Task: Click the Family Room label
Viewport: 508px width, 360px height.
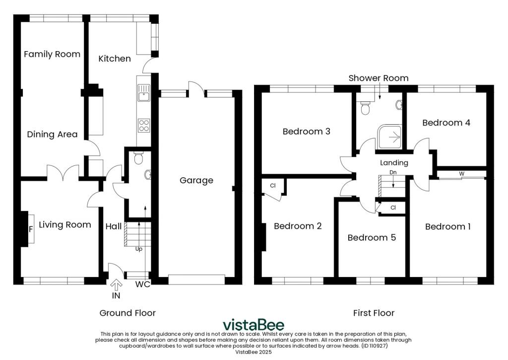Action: pyautogui.click(x=52, y=54)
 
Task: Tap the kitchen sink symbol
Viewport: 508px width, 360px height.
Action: pyautogui.click(x=144, y=92)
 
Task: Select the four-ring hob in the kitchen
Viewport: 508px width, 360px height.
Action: pyautogui.click(x=144, y=126)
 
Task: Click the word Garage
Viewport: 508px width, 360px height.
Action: pyautogui.click(x=196, y=180)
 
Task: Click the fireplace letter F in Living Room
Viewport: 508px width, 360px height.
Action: pyautogui.click(x=31, y=229)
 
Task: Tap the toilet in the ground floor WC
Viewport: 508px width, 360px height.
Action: pyautogui.click(x=138, y=158)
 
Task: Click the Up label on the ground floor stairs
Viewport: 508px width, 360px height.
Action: pyautogui.click(x=139, y=249)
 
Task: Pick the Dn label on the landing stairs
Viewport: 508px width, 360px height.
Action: pyautogui.click(x=393, y=172)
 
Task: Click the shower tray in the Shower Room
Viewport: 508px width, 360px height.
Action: pyautogui.click(x=391, y=137)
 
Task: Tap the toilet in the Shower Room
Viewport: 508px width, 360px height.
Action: pyautogui.click(x=366, y=108)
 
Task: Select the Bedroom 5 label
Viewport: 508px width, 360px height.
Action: pyautogui.click(x=372, y=237)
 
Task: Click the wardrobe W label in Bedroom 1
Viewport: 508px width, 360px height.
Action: pyautogui.click(x=461, y=173)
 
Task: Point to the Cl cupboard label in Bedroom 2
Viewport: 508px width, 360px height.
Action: pyautogui.click(x=273, y=186)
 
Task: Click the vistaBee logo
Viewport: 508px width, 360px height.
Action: pyautogui.click(x=254, y=325)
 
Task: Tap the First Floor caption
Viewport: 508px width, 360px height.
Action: pyautogui.click(x=374, y=313)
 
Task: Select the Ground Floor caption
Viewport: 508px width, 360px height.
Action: pyautogui.click(x=127, y=313)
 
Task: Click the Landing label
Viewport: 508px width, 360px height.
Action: pyautogui.click(x=394, y=163)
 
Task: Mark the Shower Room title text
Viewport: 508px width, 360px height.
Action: pyautogui.click(x=379, y=78)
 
